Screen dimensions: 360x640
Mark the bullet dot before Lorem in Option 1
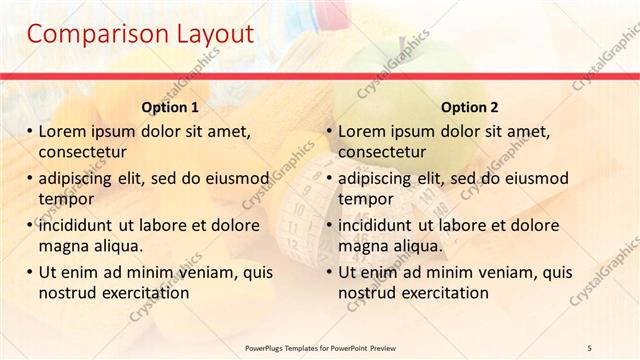point(29,131)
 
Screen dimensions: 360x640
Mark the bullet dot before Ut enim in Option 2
point(329,272)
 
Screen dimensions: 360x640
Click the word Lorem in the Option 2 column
point(361,131)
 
